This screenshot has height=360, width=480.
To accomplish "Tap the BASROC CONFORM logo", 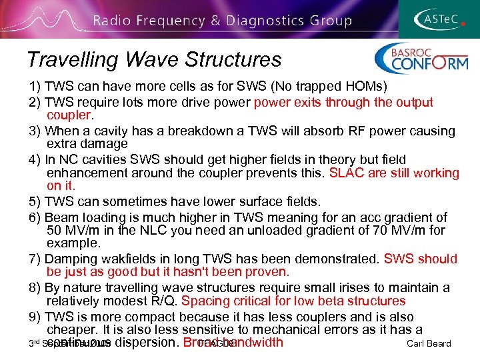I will tap(421, 59).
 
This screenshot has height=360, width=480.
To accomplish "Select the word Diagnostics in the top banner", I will tap(259, 21).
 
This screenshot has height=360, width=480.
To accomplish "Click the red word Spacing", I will tap(203, 301).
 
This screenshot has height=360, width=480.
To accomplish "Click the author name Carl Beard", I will tap(428, 344).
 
